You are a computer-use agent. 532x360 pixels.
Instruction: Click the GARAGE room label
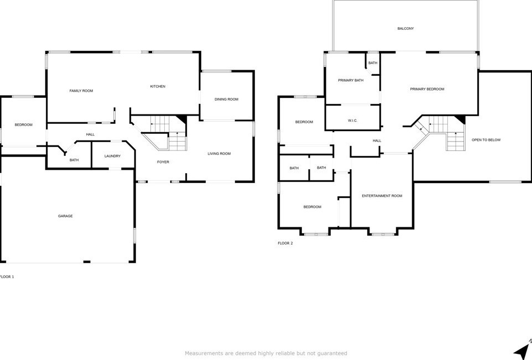(x=65, y=216)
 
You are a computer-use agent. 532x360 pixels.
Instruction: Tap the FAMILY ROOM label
(x=81, y=91)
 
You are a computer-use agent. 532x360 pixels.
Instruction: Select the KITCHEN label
(x=158, y=86)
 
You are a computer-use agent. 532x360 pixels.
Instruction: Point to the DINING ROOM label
(x=226, y=99)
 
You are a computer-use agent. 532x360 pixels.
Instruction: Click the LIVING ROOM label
(x=219, y=153)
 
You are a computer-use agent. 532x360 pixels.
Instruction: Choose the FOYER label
(x=163, y=162)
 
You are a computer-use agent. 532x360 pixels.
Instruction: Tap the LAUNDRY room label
(x=112, y=156)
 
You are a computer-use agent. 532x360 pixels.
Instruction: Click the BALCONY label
(x=405, y=29)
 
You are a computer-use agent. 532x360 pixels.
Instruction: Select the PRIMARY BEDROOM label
(x=427, y=89)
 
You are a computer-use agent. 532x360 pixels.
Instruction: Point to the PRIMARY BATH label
(x=351, y=80)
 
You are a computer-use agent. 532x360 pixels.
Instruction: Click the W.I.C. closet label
(x=352, y=121)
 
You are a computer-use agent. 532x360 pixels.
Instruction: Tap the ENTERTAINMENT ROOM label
(x=382, y=196)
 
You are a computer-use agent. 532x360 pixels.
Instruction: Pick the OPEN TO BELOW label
(x=486, y=140)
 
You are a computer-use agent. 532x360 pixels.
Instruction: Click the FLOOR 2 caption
(x=285, y=243)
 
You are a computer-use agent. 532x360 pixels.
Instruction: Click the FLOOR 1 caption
(x=7, y=276)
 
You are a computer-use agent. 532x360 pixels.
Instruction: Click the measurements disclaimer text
(x=265, y=353)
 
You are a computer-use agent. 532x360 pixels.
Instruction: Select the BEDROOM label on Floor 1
(x=23, y=124)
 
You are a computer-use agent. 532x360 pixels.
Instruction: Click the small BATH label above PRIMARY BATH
(x=373, y=63)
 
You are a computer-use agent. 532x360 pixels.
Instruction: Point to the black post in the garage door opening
(x=87, y=262)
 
